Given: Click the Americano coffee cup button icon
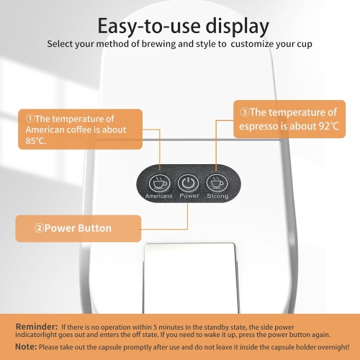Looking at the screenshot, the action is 160,183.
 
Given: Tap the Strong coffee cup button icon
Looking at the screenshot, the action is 217,183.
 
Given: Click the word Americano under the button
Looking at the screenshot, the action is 159,196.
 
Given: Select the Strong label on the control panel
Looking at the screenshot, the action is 217,196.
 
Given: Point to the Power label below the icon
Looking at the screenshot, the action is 189,196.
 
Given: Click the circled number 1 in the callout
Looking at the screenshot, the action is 30,119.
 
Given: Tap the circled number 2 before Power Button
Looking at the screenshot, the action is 39,228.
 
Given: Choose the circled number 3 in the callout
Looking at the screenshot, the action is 245,112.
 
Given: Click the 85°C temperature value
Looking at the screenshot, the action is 36,141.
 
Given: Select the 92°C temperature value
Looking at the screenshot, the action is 329,126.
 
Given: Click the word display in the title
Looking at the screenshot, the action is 237,27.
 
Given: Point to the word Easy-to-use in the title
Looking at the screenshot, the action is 149,26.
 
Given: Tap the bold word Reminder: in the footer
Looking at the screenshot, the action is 37,327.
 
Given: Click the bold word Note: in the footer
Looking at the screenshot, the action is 26,346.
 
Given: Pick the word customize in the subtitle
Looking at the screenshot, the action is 252,44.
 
